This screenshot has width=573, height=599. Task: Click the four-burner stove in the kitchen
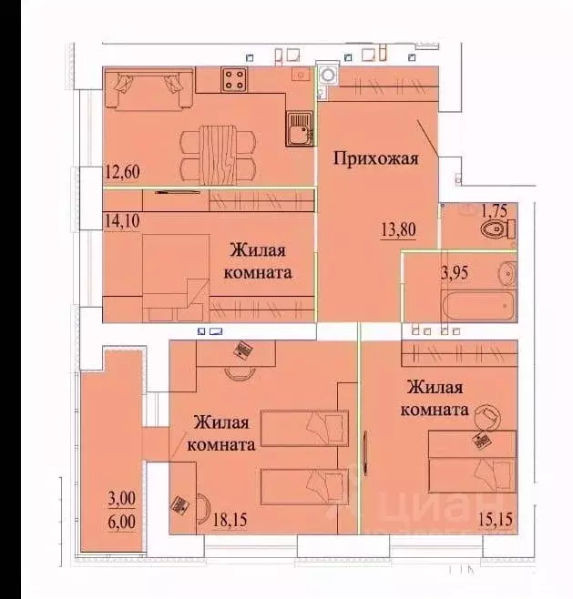(x=233, y=79)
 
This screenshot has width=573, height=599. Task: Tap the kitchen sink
(x=298, y=128)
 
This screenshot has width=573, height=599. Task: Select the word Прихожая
(x=375, y=159)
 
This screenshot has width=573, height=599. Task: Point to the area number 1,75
(x=496, y=208)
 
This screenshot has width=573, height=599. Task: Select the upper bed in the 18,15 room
(x=304, y=424)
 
